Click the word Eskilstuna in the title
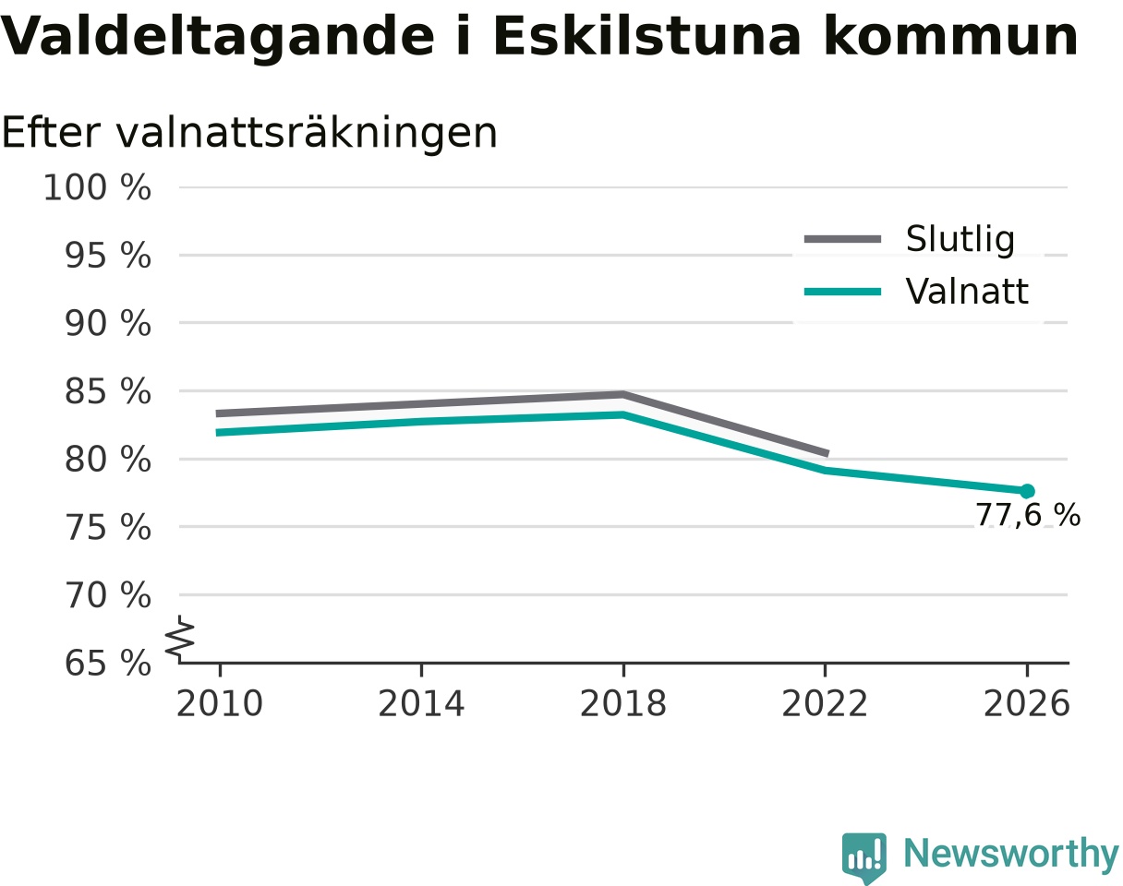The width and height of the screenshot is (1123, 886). point(646,37)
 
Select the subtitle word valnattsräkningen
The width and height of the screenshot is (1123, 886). point(307,134)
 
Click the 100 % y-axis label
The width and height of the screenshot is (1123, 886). point(97,187)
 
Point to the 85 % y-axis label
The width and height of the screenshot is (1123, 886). point(107,391)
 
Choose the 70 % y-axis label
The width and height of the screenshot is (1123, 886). point(107,595)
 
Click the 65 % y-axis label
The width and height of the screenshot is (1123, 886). point(107,663)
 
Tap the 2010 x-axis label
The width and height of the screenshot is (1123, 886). point(220,704)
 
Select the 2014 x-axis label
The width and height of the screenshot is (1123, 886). point(421,704)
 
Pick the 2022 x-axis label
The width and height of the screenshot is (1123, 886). point(825,704)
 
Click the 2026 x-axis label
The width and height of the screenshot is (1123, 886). point(1026,704)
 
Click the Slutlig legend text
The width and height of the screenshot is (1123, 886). point(960,240)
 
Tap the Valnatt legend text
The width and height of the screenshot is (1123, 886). point(967,291)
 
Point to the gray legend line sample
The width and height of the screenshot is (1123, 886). point(843,239)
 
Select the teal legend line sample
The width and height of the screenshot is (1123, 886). point(843,292)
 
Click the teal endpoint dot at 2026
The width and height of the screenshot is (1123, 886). point(1027,491)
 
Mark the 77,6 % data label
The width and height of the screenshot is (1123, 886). point(1028,515)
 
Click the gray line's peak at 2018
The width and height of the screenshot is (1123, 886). point(623,394)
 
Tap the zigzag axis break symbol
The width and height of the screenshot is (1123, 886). point(180,635)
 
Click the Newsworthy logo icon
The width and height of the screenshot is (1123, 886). point(864,855)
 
